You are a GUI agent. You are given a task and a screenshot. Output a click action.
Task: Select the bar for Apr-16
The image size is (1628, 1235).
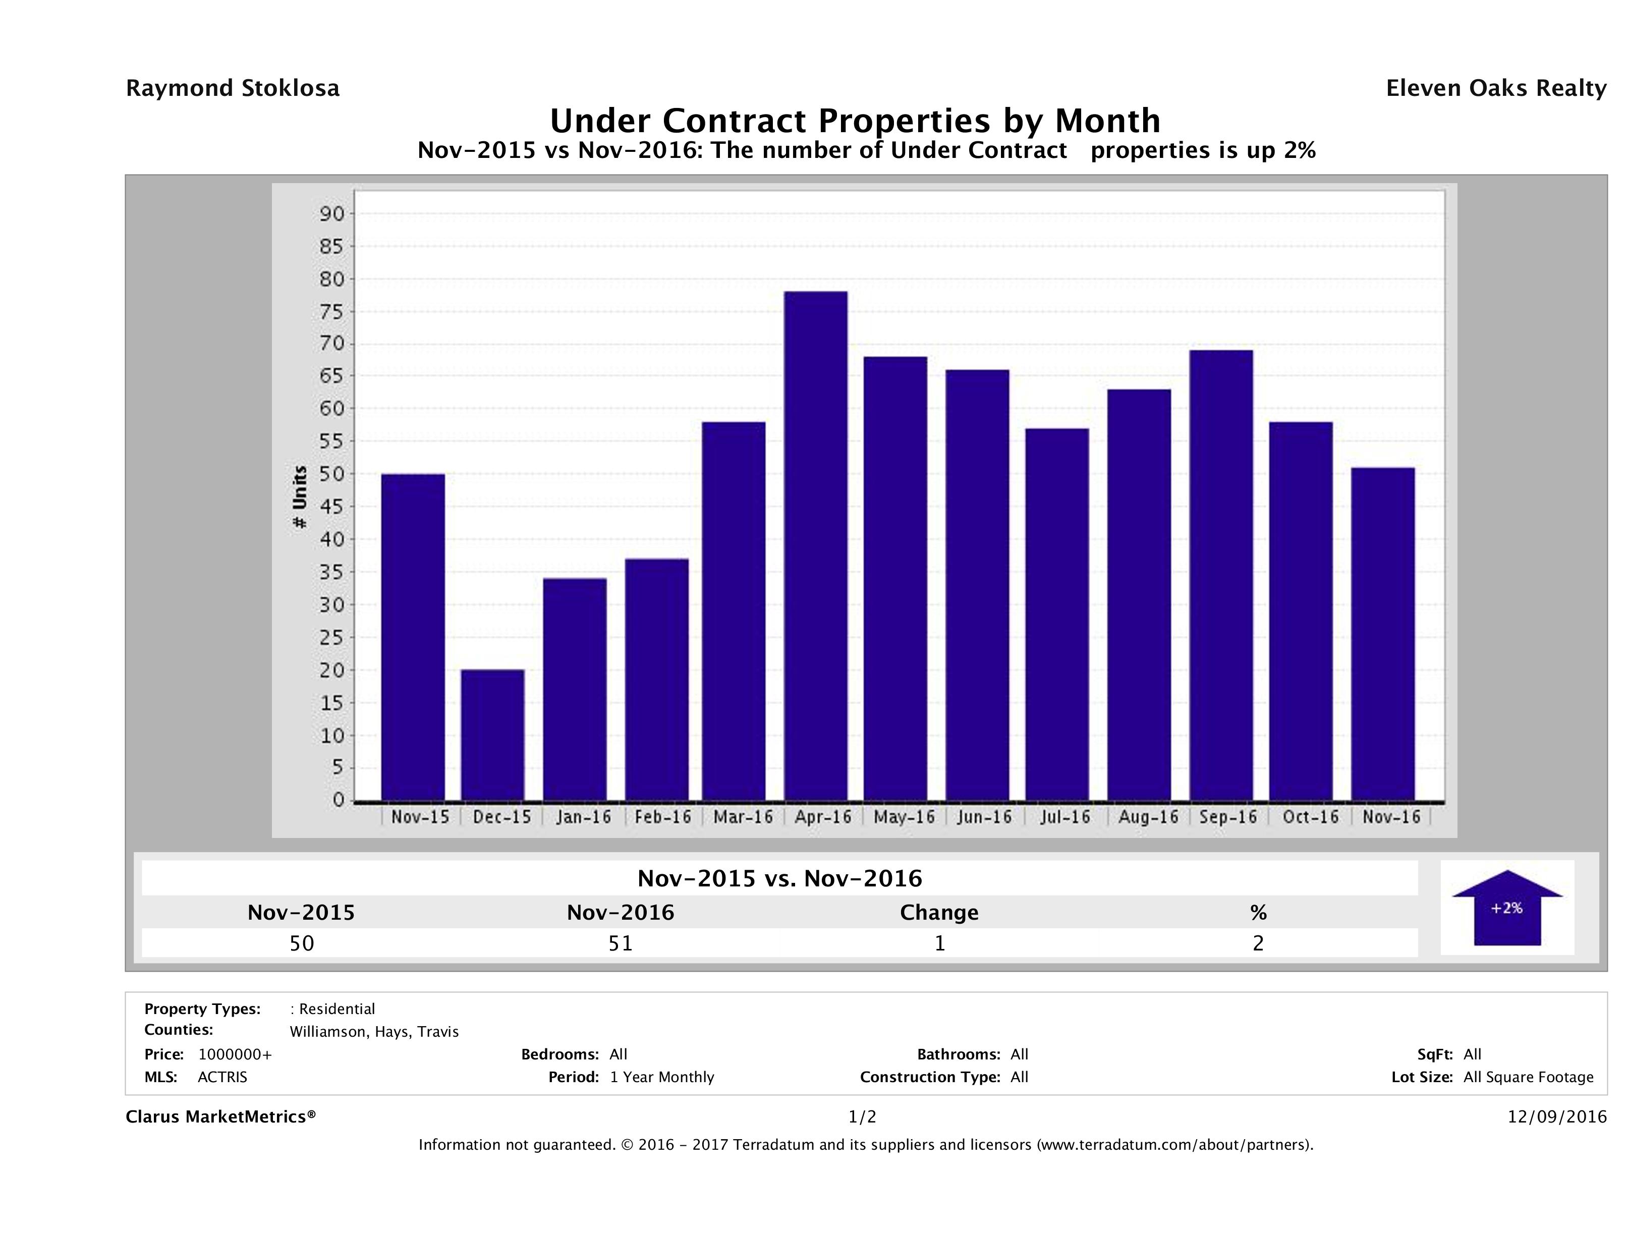click(815, 546)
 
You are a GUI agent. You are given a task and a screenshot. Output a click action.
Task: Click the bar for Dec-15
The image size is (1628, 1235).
click(492, 735)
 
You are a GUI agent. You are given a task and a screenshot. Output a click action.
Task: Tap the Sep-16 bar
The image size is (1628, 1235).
click(1221, 576)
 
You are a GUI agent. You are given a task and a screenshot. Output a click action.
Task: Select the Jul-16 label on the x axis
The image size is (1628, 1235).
click(1065, 817)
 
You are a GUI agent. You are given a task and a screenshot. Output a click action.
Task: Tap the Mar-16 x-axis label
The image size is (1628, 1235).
click(743, 817)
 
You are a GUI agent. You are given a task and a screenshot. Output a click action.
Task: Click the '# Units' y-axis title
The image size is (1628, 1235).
click(300, 497)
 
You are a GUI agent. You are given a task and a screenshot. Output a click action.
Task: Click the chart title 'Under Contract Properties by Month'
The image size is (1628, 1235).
click(855, 120)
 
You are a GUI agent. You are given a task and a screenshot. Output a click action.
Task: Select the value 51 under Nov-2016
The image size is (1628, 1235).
click(621, 943)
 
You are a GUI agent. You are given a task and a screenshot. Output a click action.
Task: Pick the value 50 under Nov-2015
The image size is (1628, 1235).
click(302, 943)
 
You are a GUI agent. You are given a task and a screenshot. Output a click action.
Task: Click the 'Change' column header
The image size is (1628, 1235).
click(939, 913)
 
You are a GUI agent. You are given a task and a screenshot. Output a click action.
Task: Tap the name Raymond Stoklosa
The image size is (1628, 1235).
click(233, 88)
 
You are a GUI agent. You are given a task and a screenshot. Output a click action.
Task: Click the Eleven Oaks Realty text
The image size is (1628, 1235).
click(1495, 88)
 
